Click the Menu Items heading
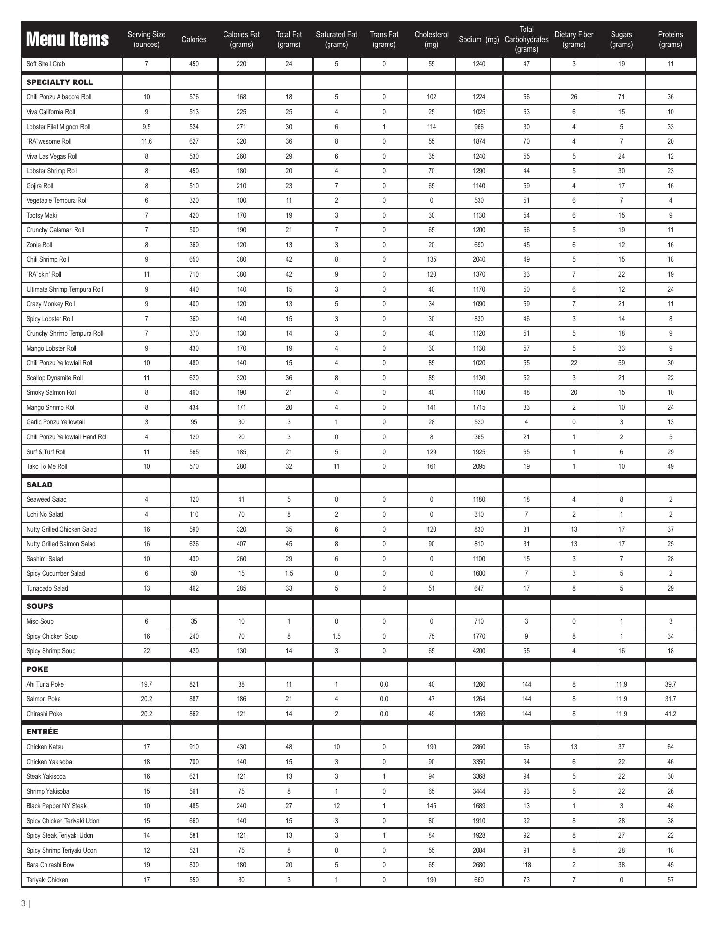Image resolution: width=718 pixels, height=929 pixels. point(67,39)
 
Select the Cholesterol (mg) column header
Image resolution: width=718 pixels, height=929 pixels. point(431,39)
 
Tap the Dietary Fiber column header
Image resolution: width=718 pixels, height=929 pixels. point(574,39)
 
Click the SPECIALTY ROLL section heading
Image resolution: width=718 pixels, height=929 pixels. point(60,82)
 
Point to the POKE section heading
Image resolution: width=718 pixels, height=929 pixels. point(37,669)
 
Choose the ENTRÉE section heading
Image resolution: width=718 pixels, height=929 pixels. point(42,732)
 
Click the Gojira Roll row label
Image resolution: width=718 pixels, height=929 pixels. point(40,186)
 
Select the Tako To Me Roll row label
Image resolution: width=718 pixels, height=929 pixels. point(47,466)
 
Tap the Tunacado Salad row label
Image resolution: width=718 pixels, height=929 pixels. point(47,588)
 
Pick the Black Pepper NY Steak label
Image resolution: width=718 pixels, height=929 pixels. point(57,806)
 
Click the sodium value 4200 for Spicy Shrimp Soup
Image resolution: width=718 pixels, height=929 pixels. point(479,651)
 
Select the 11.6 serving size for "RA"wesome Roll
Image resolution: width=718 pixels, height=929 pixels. point(146,141)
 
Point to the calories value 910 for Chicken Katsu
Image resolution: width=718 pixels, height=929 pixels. point(194,747)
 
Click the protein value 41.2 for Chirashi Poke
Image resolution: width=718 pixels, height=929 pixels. point(670,714)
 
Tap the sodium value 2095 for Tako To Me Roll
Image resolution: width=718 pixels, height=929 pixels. point(479,466)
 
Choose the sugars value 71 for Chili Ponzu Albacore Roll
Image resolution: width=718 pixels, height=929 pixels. point(621,97)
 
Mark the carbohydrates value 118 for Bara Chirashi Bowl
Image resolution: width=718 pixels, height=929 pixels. point(526,865)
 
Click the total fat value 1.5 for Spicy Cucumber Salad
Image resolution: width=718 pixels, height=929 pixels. point(289,573)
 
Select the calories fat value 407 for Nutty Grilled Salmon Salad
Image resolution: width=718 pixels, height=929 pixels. point(241,544)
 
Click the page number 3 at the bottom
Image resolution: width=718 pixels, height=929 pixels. point(23,903)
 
